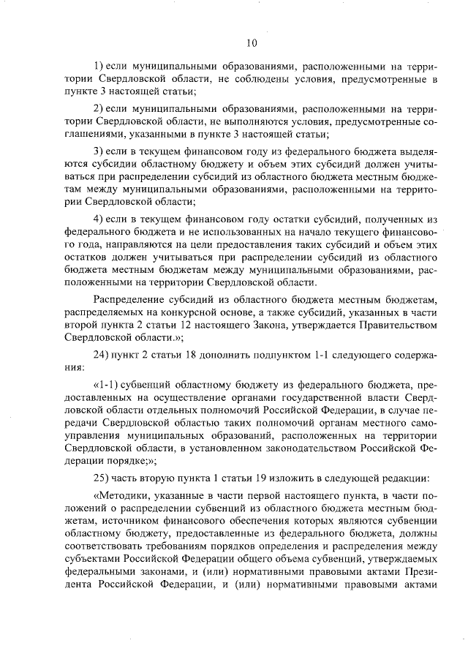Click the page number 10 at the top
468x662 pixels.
pos(251,42)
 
